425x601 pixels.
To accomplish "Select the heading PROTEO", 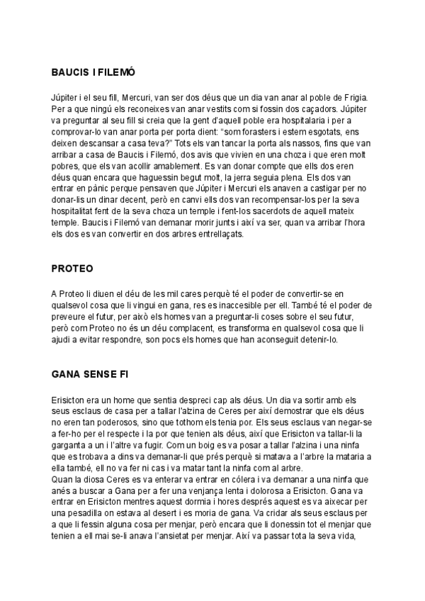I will (x=72, y=269).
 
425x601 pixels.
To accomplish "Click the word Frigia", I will (x=356, y=97).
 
